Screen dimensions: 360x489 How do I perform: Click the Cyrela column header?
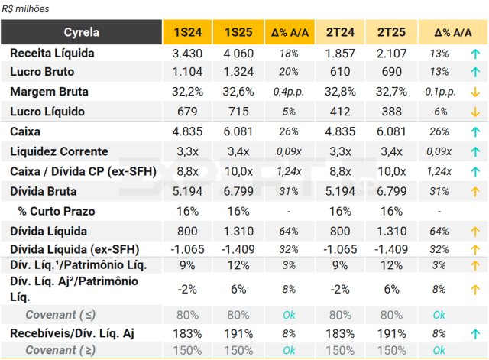coord(82,33)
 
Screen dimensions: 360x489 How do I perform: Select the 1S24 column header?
coord(188,33)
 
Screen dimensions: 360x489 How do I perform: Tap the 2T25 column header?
coord(390,33)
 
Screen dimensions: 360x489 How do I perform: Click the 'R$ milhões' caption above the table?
coord(24,8)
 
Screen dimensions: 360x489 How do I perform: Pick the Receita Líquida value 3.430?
coord(188,54)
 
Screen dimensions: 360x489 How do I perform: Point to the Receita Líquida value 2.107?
coord(390,54)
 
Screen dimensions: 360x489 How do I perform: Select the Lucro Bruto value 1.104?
coord(188,73)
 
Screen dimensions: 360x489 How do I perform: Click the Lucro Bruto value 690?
coord(390,73)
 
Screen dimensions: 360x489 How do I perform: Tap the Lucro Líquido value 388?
coord(390,112)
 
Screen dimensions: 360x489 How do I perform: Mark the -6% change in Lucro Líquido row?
coord(439,112)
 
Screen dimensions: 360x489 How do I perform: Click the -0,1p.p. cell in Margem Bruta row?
coord(439,92)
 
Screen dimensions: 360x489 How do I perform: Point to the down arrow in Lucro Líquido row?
coord(474,112)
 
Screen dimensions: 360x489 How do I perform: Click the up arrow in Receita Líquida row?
coord(474,54)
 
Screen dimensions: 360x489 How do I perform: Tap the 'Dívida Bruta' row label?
coord(44,191)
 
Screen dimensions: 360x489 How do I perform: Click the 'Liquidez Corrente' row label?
coord(59,151)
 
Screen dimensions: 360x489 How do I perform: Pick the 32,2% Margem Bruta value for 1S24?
coord(188,92)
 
